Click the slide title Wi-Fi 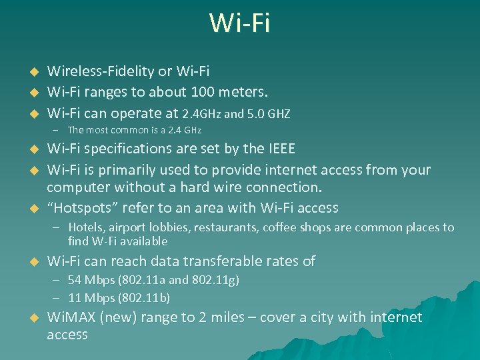[239, 23]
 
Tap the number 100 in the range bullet [204, 91]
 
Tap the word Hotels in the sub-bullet [85, 228]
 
